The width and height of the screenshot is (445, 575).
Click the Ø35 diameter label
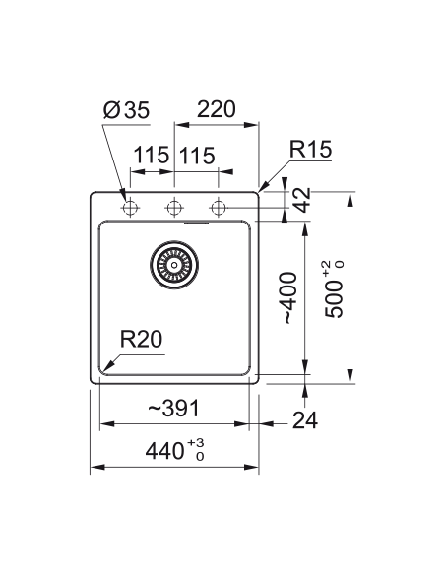[126, 109]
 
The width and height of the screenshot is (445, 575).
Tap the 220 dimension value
[217, 109]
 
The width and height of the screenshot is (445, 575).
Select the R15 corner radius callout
[310, 149]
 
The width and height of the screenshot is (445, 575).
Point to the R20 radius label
[141, 340]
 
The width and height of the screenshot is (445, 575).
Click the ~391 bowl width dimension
[173, 408]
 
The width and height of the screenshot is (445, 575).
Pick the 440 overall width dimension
[164, 451]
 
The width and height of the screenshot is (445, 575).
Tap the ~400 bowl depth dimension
[289, 298]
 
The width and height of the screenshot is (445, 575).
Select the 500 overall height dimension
[333, 299]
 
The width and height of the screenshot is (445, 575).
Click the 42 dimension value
[303, 200]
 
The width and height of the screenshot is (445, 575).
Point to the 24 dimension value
[305, 420]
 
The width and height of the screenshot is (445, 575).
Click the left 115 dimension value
[151, 156]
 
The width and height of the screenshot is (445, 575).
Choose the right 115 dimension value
[197, 156]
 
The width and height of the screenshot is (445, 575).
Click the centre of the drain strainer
[174, 265]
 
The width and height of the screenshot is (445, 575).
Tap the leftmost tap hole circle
[130, 208]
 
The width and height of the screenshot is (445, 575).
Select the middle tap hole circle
[174, 208]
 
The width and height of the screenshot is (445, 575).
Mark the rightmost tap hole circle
[219, 208]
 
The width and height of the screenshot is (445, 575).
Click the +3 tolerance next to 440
[196, 442]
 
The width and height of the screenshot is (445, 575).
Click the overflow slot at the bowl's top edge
[196, 223]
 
